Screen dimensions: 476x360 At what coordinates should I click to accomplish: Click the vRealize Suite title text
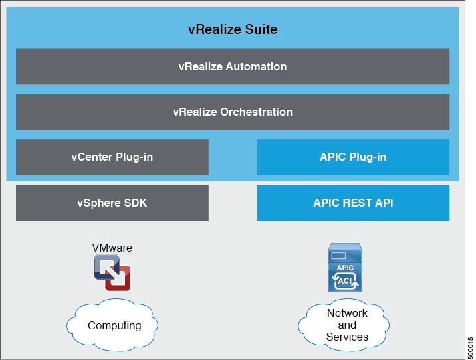click(233, 29)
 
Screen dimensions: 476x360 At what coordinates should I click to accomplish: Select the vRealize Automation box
click(233, 66)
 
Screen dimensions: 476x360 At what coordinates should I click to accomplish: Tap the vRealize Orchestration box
click(233, 112)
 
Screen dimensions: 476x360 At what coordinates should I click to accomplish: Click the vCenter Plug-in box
click(112, 157)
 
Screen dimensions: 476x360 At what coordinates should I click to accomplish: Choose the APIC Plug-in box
click(353, 157)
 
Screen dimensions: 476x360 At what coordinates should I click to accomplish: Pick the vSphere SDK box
click(112, 203)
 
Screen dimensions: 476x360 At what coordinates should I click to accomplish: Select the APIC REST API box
click(353, 203)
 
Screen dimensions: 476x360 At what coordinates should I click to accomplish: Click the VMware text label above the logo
click(112, 248)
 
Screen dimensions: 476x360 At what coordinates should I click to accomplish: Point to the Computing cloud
click(112, 325)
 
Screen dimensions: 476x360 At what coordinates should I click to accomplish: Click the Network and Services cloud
click(344, 325)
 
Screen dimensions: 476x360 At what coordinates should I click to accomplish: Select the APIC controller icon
click(345, 268)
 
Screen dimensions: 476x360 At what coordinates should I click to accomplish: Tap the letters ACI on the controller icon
click(344, 281)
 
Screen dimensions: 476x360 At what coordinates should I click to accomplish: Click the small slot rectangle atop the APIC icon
click(338, 256)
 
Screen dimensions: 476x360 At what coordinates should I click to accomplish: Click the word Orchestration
click(256, 112)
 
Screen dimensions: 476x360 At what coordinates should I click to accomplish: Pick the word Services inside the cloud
click(347, 337)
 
